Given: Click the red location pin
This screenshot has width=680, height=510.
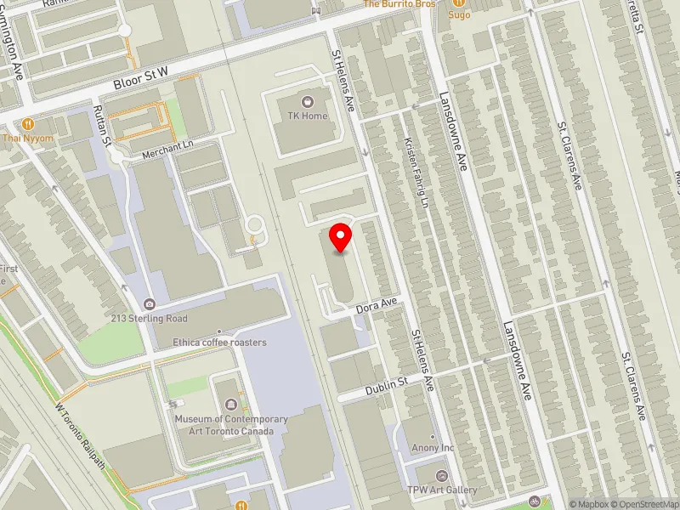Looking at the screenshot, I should click(x=341, y=237).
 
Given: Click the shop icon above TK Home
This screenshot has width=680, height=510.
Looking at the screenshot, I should click(x=307, y=102).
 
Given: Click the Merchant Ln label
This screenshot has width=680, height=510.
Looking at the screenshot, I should click(x=167, y=146).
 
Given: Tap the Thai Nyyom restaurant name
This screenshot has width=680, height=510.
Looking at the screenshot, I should click(x=28, y=138).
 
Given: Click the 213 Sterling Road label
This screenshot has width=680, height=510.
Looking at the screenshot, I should click(x=150, y=319).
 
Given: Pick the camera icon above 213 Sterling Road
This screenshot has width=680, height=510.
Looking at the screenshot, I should click(x=150, y=304).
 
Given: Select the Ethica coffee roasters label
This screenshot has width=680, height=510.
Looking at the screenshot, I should click(x=219, y=343).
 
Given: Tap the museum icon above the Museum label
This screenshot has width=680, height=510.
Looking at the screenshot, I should click(x=231, y=404).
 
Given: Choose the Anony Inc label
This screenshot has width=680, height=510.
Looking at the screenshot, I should click(x=432, y=448).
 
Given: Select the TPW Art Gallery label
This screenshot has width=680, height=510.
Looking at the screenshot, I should click(x=442, y=490).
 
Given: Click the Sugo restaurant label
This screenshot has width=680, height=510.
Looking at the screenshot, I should click(x=459, y=14).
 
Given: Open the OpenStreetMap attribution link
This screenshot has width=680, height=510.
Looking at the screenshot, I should click(x=644, y=504).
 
